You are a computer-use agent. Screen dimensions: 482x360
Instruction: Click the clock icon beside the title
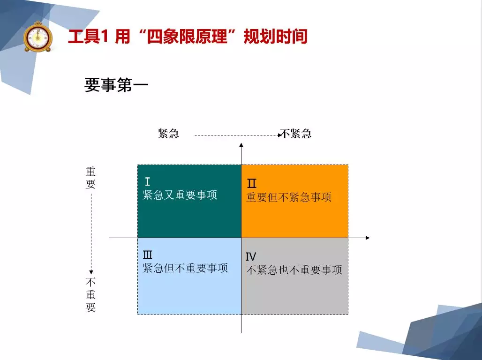(38, 36)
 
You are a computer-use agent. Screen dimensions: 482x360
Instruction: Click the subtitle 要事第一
(116, 85)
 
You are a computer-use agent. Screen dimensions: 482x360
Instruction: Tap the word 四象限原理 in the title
(187, 36)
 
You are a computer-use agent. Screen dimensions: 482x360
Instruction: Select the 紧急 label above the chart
(168, 134)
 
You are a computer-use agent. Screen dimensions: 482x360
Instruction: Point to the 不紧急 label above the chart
(296, 134)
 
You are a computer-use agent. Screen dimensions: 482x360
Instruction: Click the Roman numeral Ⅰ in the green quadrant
(148, 181)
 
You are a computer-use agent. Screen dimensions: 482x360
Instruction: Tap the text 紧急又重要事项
(180, 195)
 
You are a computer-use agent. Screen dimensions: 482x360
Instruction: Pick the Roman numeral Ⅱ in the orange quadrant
(251, 184)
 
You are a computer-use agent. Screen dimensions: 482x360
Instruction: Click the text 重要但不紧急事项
(289, 197)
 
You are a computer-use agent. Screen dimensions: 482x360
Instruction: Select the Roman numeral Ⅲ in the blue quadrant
(148, 255)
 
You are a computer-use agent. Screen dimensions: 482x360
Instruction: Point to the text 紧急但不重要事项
(185, 268)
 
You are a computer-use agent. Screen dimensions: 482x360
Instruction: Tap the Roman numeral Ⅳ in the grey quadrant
(251, 256)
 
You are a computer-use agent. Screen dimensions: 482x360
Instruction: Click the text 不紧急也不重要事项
(294, 270)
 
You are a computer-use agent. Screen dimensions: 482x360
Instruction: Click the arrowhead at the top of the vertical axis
(241, 145)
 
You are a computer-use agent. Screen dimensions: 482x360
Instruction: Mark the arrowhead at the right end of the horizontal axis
(367, 238)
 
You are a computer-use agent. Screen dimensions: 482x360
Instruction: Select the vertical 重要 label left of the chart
(90, 178)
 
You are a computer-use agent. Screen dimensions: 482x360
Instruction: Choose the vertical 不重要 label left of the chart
(90, 295)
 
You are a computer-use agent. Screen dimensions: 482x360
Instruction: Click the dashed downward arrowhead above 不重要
(91, 272)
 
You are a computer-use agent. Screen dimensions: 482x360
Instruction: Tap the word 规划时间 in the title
(275, 36)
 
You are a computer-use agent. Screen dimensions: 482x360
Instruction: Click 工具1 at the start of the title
(88, 36)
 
